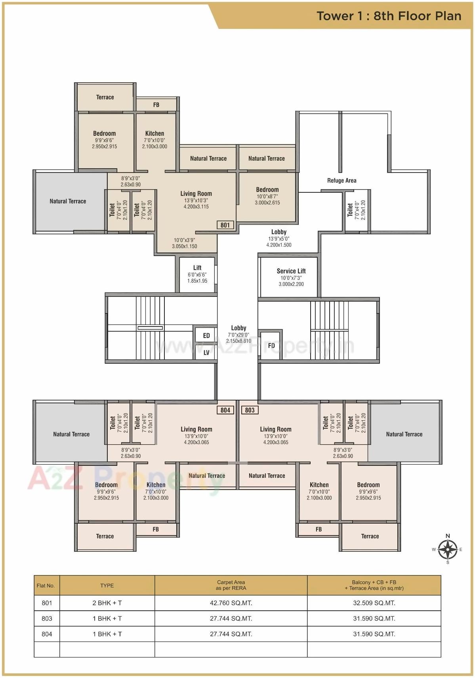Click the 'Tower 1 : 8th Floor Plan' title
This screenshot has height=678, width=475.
click(x=389, y=16)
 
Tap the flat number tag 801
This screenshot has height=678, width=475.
click(x=225, y=225)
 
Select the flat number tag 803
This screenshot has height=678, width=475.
click(x=250, y=410)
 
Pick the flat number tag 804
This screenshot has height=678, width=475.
click(x=225, y=410)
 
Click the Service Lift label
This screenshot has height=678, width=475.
click(x=291, y=271)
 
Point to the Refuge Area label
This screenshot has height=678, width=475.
click(x=341, y=180)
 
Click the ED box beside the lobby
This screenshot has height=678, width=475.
click(x=206, y=336)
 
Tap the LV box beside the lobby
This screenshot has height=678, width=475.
click(x=206, y=353)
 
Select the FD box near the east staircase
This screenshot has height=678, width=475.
click(x=271, y=346)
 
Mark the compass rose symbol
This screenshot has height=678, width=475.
click(x=448, y=549)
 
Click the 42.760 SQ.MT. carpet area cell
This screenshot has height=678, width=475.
click(x=231, y=603)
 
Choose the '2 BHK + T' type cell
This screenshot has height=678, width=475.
click(x=107, y=603)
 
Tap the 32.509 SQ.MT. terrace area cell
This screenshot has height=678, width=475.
click(x=374, y=603)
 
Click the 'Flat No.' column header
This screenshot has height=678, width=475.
click(x=46, y=585)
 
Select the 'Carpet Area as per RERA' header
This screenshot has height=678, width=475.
click(x=231, y=585)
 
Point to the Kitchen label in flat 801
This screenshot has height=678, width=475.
click(x=155, y=134)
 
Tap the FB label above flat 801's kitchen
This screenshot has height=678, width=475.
click(x=156, y=105)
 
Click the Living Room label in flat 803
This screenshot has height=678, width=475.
click(x=276, y=429)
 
